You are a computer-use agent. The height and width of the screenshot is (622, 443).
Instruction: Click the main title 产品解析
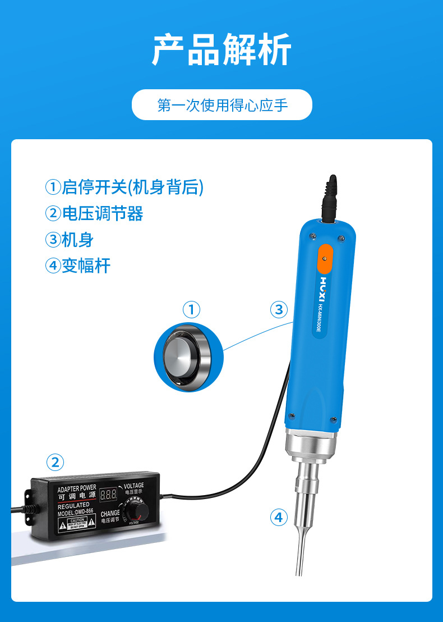pos(221,50)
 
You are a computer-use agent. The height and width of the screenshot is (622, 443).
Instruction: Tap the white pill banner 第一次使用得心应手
pos(221,105)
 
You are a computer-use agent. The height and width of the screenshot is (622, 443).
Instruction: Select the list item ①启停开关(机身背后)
pos(124,187)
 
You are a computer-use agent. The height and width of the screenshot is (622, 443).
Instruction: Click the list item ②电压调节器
pos(94,213)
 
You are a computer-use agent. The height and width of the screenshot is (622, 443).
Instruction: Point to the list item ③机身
pos(69,240)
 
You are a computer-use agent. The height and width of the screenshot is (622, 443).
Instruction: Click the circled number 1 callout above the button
pos(191,309)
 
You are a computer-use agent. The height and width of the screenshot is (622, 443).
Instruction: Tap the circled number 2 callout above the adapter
pos(54,463)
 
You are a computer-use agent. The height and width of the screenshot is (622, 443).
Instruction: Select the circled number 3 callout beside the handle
pos(279,309)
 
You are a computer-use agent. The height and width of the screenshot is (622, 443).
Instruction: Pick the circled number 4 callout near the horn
pos(279,517)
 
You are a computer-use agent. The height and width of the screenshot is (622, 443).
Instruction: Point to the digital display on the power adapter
pos(108,495)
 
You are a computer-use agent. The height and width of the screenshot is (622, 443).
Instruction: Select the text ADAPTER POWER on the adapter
pos(77,488)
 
